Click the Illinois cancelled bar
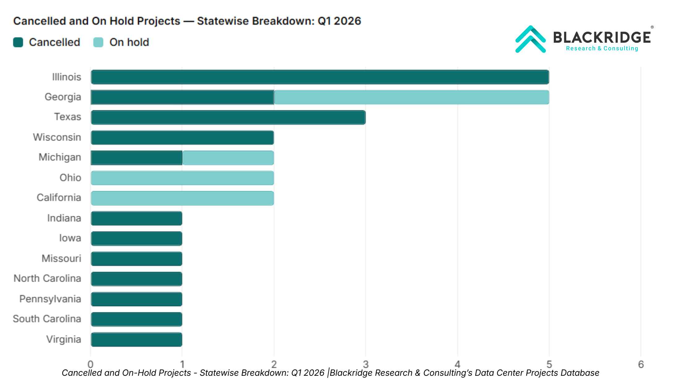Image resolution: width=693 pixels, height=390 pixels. click(320, 77)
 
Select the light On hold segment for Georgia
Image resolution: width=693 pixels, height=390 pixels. click(411, 97)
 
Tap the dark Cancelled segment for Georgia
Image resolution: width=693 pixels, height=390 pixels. click(183, 97)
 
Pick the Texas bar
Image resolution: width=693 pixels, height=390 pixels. click(228, 117)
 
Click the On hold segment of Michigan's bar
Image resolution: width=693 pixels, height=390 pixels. click(228, 158)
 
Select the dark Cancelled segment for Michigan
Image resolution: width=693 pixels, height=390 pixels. click(137, 158)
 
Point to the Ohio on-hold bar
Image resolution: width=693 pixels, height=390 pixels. click(183, 178)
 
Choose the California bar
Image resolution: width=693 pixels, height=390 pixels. click(183, 198)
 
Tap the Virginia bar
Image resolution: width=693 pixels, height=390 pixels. click(137, 340)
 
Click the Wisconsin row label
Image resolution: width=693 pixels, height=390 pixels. click(57, 137)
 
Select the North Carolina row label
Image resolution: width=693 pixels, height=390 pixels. click(47, 278)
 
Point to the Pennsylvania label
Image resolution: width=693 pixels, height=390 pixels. click(50, 299)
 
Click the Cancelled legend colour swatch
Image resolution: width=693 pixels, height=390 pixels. click(18, 42)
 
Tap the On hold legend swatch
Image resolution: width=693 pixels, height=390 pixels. click(98, 42)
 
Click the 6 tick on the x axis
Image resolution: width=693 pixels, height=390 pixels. click(641, 364)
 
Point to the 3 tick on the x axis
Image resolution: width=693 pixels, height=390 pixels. click(366, 364)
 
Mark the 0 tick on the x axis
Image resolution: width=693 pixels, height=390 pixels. click(90, 364)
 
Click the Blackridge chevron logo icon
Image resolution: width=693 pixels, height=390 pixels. click(530, 39)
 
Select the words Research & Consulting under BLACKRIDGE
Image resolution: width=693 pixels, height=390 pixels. click(602, 48)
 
